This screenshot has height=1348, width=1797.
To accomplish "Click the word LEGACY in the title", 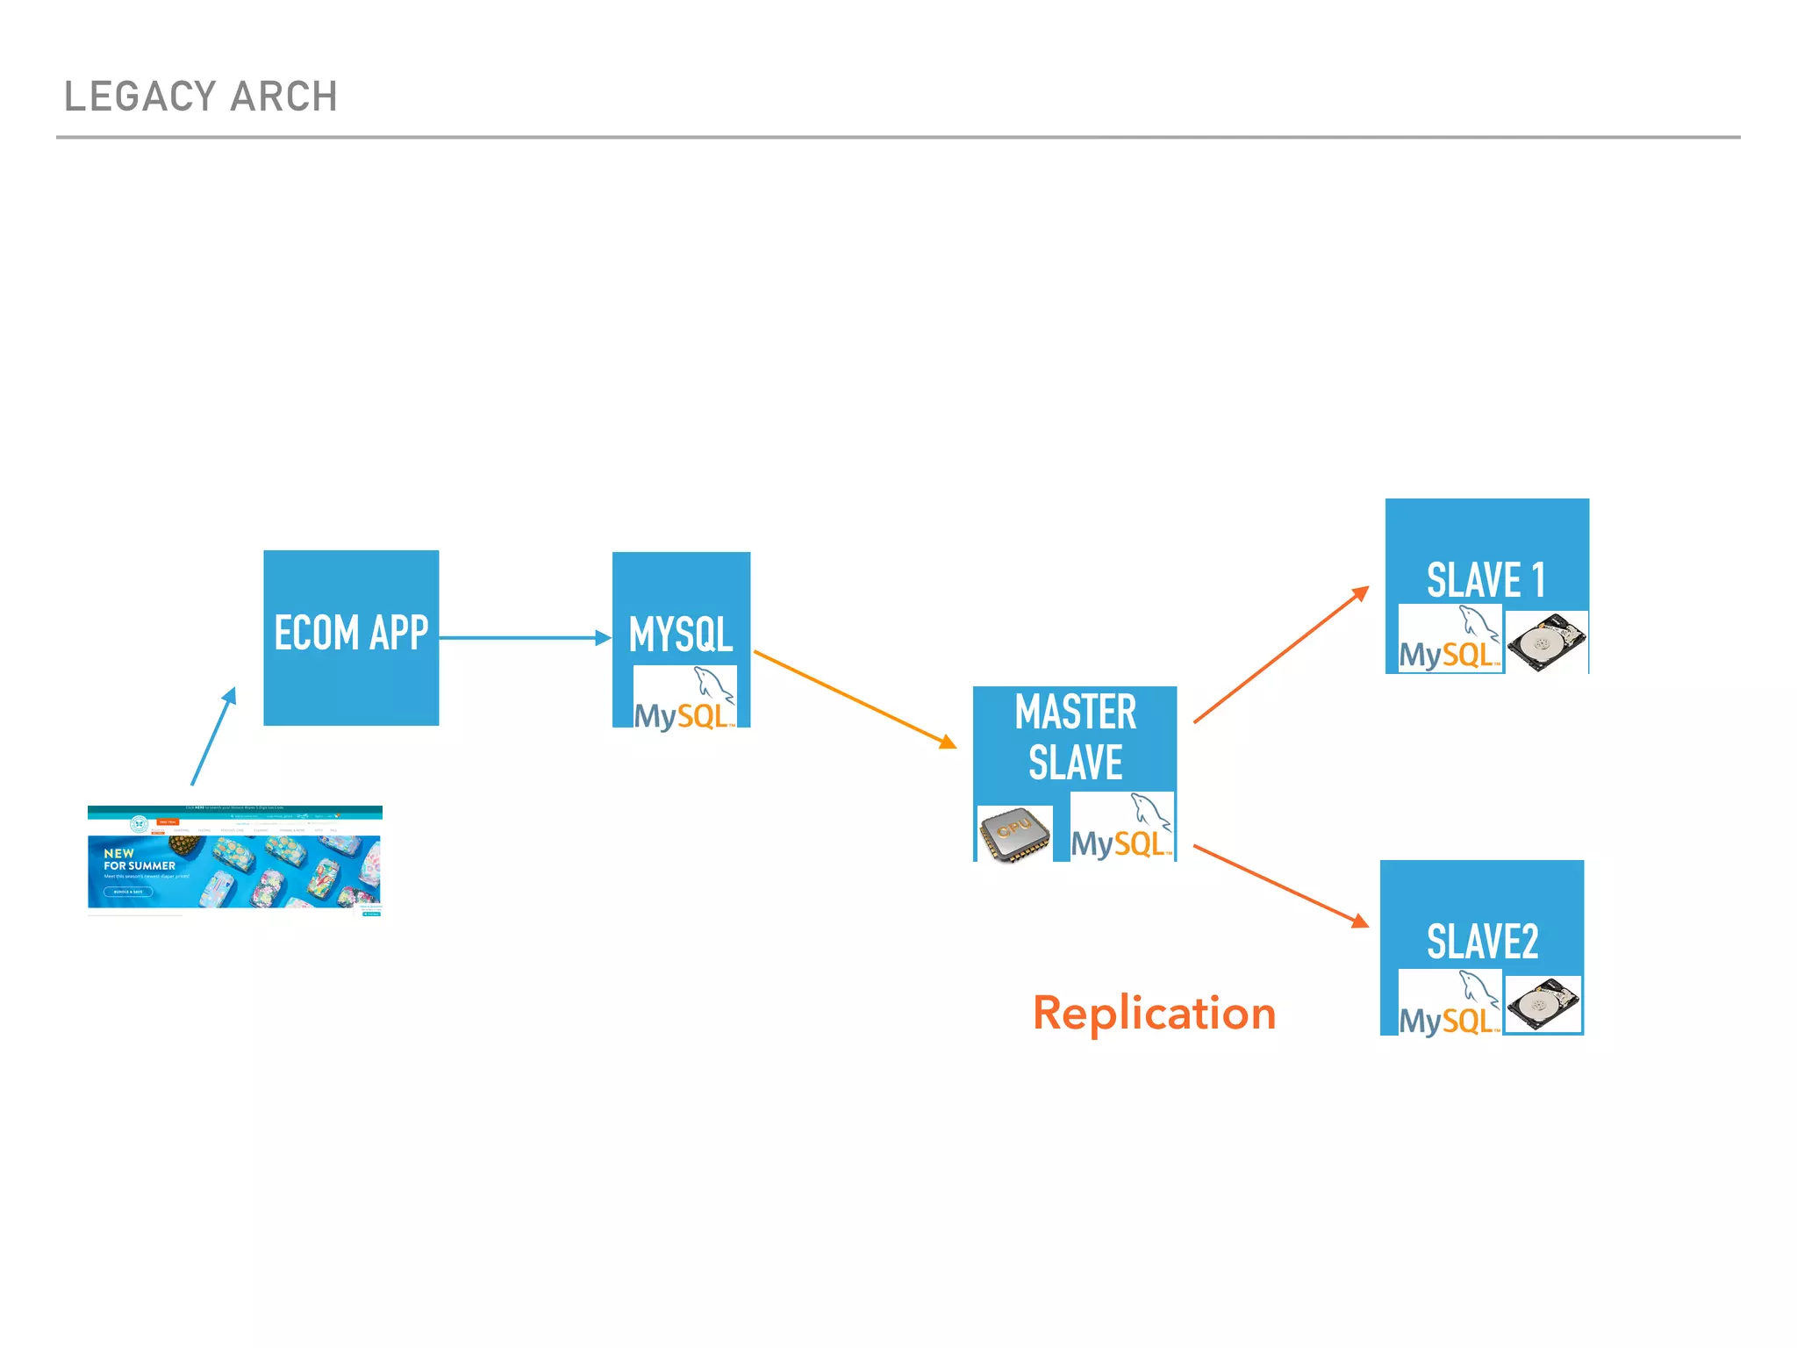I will [x=140, y=97].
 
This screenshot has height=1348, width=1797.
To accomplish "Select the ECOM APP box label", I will [x=351, y=633].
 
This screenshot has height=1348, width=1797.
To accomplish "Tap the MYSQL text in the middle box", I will [x=681, y=634].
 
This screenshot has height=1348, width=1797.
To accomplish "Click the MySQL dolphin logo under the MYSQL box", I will [x=685, y=699].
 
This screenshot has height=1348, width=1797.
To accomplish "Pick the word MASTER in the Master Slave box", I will [x=1075, y=712].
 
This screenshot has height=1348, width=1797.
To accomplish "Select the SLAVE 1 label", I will [x=1486, y=580].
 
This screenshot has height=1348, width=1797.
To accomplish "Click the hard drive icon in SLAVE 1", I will [x=1547, y=642].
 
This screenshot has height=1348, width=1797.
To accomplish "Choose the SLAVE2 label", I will [x=1482, y=942].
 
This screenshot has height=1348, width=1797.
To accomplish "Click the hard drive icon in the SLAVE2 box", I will [x=1543, y=1005].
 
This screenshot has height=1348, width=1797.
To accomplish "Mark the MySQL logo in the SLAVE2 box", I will [x=1450, y=1004].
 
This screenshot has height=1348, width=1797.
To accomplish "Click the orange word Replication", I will [x=1154, y=1014].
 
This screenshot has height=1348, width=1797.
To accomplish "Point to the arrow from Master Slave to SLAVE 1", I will [x=1280, y=655].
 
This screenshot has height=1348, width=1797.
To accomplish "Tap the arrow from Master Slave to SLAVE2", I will [x=1280, y=886].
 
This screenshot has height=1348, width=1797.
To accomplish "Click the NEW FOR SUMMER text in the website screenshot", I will [x=139, y=859].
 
